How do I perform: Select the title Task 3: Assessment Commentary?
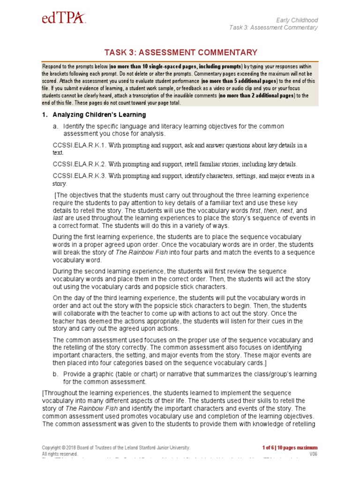coord(180,52)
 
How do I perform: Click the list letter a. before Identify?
coord(56,127)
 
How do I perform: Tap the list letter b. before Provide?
coord(56,374)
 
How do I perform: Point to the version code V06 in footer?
coord(313,454)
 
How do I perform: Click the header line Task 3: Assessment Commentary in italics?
coord(273,28)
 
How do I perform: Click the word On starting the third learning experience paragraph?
coord(57,298)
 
